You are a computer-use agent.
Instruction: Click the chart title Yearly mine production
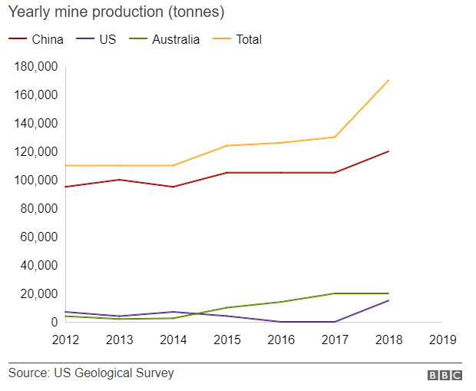(x=116, y=13)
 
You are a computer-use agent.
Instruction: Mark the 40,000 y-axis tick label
(x=35, y=265)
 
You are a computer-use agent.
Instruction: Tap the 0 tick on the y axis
(x=54, y=322)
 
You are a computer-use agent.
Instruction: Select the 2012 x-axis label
(x=66, y=339)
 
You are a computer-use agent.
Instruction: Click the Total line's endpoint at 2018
(x=388, y=80)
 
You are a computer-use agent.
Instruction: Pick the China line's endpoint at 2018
(x=388, y=151)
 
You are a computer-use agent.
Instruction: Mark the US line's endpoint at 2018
(x=388, y=300)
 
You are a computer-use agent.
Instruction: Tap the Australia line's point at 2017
(x=335, y=293)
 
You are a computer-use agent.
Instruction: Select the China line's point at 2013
(x=120, y=180)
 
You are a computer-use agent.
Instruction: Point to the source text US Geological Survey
(x=91, y=373)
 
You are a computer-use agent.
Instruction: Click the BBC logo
(x=445, y=375)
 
